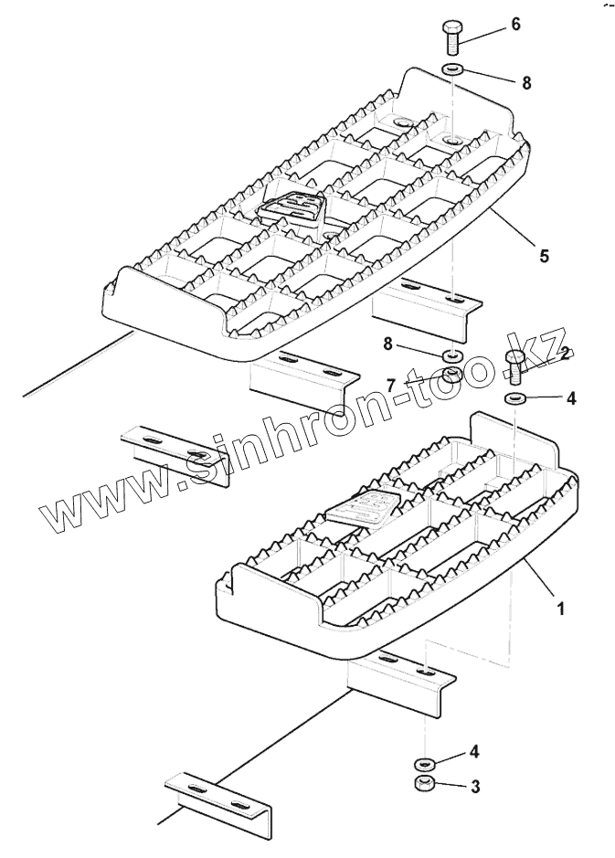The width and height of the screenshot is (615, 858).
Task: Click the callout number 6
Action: point(515,24)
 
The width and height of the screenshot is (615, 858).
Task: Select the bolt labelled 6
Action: point(454,37)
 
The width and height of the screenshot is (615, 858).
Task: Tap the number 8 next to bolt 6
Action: point(526,82)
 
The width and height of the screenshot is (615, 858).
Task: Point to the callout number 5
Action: point(544,256)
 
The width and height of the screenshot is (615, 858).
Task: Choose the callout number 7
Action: point(390,387)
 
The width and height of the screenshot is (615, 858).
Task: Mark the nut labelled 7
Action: point(452,376)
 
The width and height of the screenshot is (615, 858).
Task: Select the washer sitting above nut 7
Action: point(452,355)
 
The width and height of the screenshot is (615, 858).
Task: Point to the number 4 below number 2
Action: point(572,398)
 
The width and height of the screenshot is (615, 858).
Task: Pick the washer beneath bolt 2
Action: point(514,398)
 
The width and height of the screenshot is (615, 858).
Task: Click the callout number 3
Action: point(473,785)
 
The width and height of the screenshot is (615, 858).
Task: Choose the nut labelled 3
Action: point(423,783)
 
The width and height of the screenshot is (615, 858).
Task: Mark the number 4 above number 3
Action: point(473,753)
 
